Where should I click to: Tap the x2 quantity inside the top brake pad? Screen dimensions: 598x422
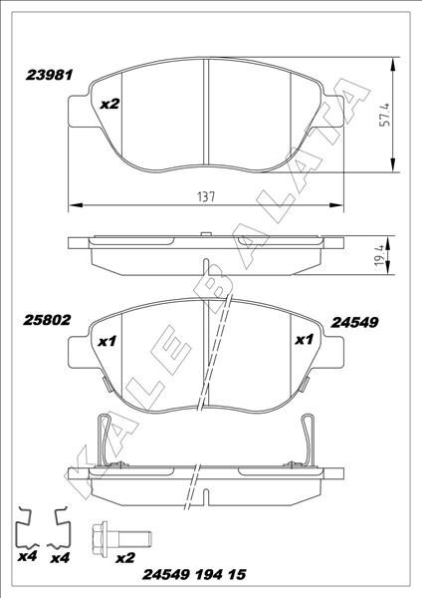pos(110,103)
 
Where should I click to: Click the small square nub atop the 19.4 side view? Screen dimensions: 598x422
pos(205,235)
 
